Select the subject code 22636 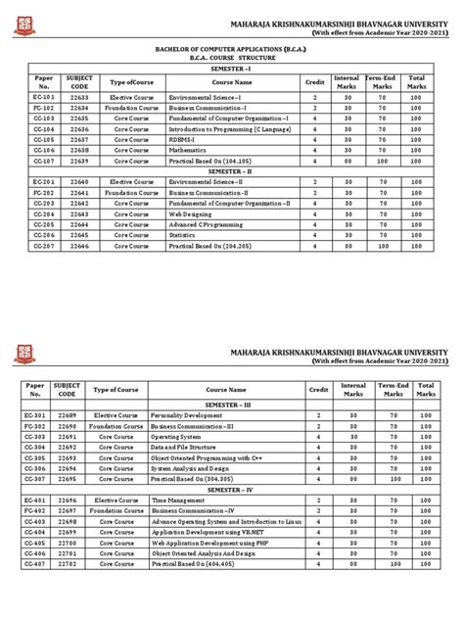pos(78,127)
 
